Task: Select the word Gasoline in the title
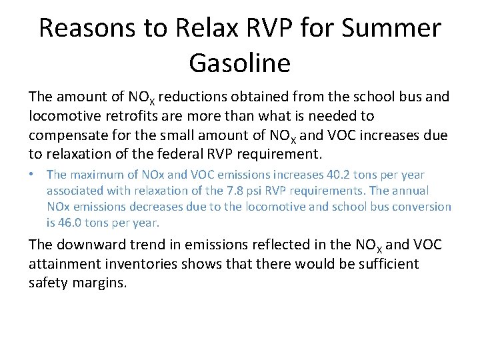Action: [240, 63]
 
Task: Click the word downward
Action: [91, 245]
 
